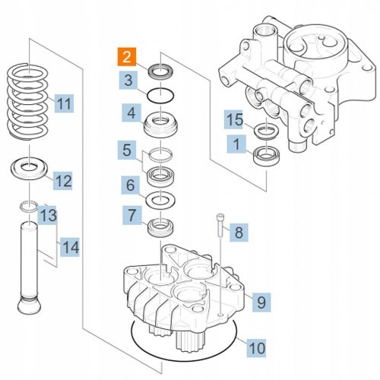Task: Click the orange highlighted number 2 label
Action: tap(127, 57)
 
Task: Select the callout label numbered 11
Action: tap(64, 103)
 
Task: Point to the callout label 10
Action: tap(256, 348)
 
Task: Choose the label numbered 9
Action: tap(261, 302)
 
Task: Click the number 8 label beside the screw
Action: tap(239, 233)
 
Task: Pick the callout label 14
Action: tap(70, 247)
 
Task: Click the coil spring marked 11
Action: tap(27, 101)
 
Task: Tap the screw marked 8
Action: tap(220, 225)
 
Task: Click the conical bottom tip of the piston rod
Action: tap(29, 306)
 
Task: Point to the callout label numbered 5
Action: tap(127, 150)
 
